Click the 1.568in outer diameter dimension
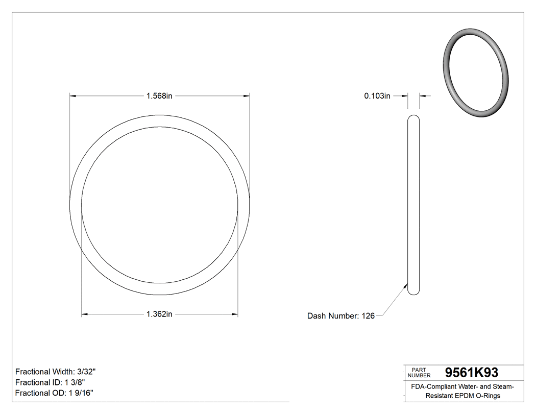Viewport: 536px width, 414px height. coord(159,96)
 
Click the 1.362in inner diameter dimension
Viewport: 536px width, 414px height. coord(159,314)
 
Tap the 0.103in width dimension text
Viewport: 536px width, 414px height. coord(377,96)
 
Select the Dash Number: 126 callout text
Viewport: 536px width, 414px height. coord(340,316)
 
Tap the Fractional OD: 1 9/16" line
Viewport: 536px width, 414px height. coord(54,393)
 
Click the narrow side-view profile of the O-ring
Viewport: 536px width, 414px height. coord(414,204)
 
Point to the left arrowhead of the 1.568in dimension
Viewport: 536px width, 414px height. coord(72,95)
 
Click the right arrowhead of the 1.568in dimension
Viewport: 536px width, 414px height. coord(247,95)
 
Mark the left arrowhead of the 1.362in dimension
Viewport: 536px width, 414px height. coord(85,314)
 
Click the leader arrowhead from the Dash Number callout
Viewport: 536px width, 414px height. coord(406,284)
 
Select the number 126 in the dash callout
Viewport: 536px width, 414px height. coord(368,316)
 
